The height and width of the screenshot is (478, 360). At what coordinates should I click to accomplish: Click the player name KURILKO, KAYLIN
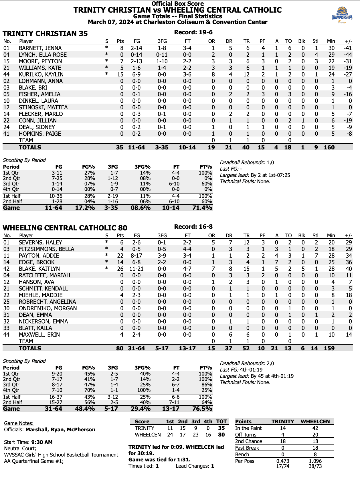point(41,74)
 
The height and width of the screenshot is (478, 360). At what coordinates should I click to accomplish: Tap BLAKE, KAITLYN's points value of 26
point(120,269)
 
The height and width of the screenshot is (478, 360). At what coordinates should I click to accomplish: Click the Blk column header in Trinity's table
point(302,41)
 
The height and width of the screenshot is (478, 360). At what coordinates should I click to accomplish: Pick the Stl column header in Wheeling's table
point(315,236)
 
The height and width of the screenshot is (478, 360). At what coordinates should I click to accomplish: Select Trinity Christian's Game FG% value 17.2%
point(85,208)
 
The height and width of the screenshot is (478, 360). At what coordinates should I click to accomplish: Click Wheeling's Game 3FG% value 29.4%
point(141,409)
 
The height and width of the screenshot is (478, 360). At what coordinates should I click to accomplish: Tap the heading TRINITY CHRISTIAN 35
point(45,33)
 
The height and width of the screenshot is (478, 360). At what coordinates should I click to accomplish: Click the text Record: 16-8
point(193,227)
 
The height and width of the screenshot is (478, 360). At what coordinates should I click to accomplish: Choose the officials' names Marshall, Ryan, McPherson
point(60,429)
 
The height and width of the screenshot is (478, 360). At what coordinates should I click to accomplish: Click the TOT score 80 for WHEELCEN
point(221,435)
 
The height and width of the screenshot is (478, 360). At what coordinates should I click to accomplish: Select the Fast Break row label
point(247,448)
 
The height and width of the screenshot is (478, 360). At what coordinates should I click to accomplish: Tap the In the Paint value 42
point(315,428)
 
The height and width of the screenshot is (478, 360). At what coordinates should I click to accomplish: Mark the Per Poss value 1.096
point(315,461)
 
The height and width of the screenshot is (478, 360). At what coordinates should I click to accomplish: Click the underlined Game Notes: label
point(19,423)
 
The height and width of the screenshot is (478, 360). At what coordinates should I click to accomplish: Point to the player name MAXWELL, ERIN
point(39,335)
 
